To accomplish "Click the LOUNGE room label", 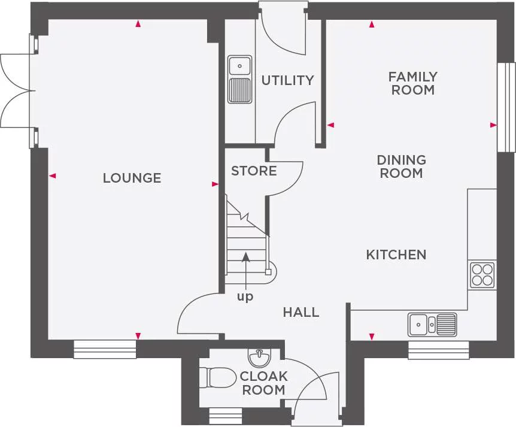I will pyautogui.click(x=132, y=178).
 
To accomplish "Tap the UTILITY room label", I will pyautogui.click(x=287, y=80).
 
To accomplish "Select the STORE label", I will pyautogui.click(x=254, y=171).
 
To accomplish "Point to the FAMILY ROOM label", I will pyautogui.click(x=412, y=83).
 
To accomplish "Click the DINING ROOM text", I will pyautogui.click(x=401, y=166).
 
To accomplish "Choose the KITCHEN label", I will pyautogui.click(x=396, y=255).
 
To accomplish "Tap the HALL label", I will pyautogui.click(x=301, y=312).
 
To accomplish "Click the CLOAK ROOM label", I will pyautogui.click(x=263, y=383).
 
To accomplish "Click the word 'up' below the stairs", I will pyautogui.click(x=245, y=296).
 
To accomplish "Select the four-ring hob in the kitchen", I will pyautogui.click(x=482, y=275).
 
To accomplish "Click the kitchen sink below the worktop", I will pyautogui.click(x=433, y=325).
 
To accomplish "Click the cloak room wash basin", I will pyautogui.click(x=259, y=358).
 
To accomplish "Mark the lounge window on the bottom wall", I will pyautogui.click(x=105, y=349).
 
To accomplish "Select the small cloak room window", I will pyautogui.click(x=225, y=416).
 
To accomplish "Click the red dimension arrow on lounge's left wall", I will pyautogui.click(x=52, y=176).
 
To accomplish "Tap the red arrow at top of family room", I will pyautogui.click(x=372, y=25).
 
